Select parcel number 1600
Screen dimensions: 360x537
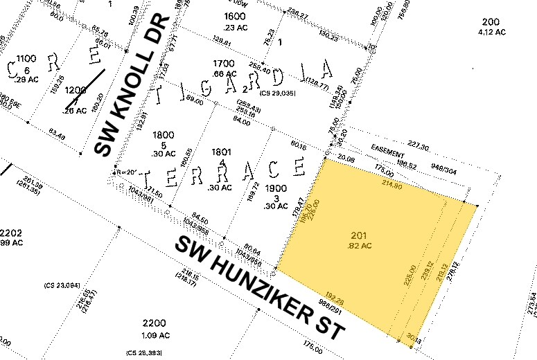click(234, 16)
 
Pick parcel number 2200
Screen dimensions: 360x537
click(154, 323)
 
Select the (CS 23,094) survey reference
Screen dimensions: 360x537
click(62, 285)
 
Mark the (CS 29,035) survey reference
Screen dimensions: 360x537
click(277, 93)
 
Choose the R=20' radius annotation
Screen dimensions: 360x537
click(125, 172)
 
